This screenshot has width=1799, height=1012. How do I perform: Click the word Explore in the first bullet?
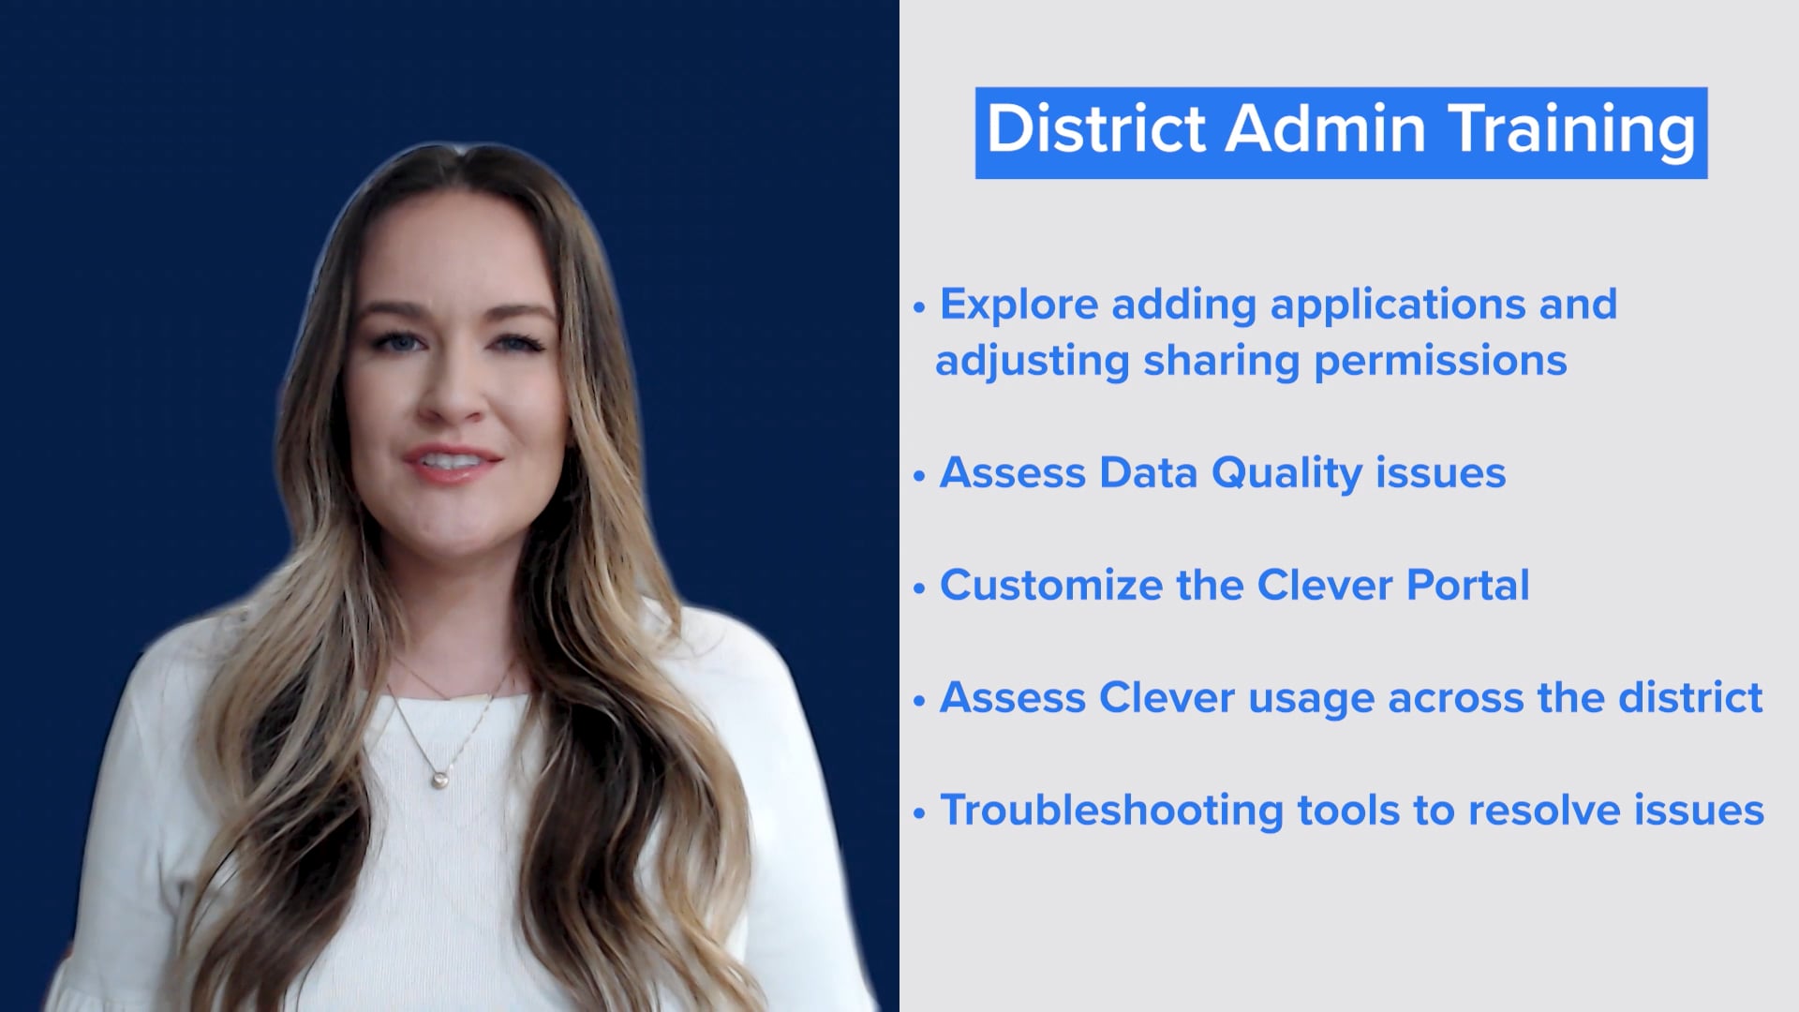[1018, 305]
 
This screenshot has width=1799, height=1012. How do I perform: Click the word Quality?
[1286, 473]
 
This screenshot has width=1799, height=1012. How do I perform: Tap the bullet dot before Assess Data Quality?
[919, 476]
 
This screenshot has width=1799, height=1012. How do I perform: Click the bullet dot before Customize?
[919, 588]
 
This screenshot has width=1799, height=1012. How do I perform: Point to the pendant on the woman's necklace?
[438, 778]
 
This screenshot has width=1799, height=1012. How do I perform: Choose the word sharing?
[1221, 361]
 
